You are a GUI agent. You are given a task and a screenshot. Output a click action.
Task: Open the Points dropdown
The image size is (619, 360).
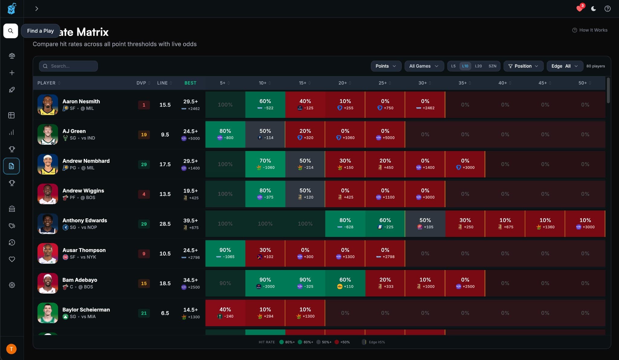pyautogui.click(x=386, y=66)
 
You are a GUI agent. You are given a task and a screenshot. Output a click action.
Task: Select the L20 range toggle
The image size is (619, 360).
pyautogui.click(x=478, y=66)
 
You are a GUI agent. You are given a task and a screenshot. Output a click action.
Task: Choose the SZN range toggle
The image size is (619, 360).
pyautogui.click(x=492, y=66)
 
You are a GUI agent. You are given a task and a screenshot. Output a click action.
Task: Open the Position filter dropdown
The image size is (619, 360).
pyautogui.click(x=523, y=66)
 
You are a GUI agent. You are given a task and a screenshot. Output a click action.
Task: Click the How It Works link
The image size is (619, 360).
pyautogui.click(x=590, y=30)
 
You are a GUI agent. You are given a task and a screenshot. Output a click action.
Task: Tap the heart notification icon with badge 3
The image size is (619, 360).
pyautogui.click(x=579, y=8)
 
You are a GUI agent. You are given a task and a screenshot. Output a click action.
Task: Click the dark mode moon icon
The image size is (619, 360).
pyautogui.click(x=594, y=9)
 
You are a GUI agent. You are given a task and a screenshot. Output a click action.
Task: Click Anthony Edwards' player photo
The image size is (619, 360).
pyautogui.click(x=48, y=224)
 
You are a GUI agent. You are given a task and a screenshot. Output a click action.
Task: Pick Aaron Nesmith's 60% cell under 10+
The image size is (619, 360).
pyautogui.click(x=265, y=104)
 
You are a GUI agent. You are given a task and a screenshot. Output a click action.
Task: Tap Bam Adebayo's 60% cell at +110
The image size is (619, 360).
pyautogui.click(x=345, y=283)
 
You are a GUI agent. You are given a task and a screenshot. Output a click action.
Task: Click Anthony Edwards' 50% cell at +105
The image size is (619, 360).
pyautogui.click(x=425, y=223)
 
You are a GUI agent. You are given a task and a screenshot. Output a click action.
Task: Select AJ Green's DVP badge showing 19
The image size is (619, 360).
pyautogui.click(x=144, y=135)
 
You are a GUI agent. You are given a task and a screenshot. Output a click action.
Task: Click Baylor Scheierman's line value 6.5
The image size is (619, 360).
pyautogui.click(x=165, y=313)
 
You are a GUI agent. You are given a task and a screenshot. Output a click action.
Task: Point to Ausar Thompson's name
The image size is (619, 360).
pyautogui.click(x=84, y=250)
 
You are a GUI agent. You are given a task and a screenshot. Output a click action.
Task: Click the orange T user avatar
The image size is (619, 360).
pyautogui.click(x=11, y=349)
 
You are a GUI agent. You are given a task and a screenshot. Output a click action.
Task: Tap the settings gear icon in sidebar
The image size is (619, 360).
pyautogui.click(x=12, y=285)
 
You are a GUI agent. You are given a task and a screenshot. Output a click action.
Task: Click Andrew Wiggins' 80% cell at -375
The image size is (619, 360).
pyautogui.click(x=265, y=194)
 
